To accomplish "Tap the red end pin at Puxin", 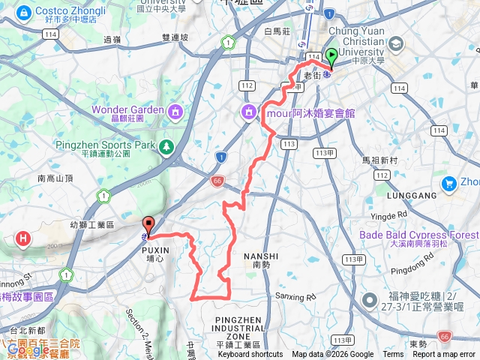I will [148, 223].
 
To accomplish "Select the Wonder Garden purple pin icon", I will [175, 111].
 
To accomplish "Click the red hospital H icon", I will [24, 239].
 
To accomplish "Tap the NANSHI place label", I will [261, 256].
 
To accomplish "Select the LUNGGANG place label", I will [412, 196].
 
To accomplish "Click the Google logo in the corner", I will [28, 349].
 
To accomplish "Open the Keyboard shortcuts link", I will [250, 355].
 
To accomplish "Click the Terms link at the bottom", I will [393, 355].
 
